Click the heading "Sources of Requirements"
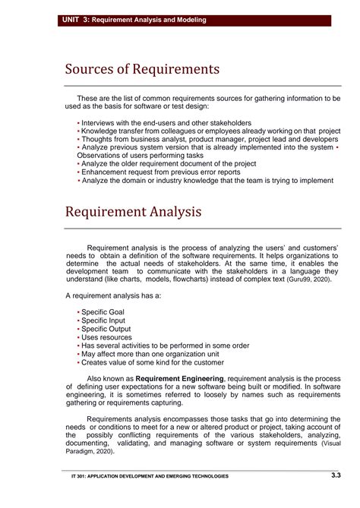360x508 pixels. tap(141, 70)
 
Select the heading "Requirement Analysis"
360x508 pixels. tap(133, 211)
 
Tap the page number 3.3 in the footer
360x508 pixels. tap(336, 475)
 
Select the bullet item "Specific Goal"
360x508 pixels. tap(103, 312)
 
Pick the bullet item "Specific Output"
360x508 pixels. tap(106, 329)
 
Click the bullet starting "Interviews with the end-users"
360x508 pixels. tap(166, 122)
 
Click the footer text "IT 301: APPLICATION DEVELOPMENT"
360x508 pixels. tap(144, 476)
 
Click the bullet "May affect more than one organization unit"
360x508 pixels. tap(162, 354)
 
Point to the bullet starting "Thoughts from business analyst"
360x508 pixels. tap(209, 139)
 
